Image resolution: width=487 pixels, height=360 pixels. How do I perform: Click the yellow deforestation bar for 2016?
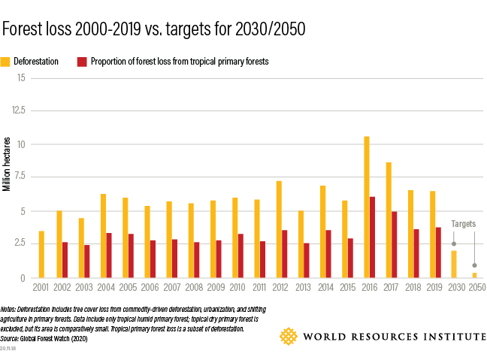(x=367, y=207)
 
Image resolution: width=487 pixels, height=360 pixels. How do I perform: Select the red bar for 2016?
(x=373, y=237)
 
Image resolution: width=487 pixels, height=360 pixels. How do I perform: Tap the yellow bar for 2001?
(x=41, y=255)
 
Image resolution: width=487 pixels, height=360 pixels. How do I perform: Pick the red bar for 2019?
(x=438, y=253)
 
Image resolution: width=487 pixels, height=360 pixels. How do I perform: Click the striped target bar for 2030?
(x=454, y=265)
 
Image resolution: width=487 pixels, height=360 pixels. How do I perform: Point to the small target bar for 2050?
(x=475, y=275)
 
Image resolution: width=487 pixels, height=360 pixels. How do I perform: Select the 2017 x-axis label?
(x=392, y=287)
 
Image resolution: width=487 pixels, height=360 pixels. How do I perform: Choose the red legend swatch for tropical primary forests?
(x=81, y=62)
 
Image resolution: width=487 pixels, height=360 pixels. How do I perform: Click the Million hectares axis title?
(x=7, y=164)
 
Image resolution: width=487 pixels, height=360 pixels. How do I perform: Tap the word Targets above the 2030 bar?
(x=463, y=224)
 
